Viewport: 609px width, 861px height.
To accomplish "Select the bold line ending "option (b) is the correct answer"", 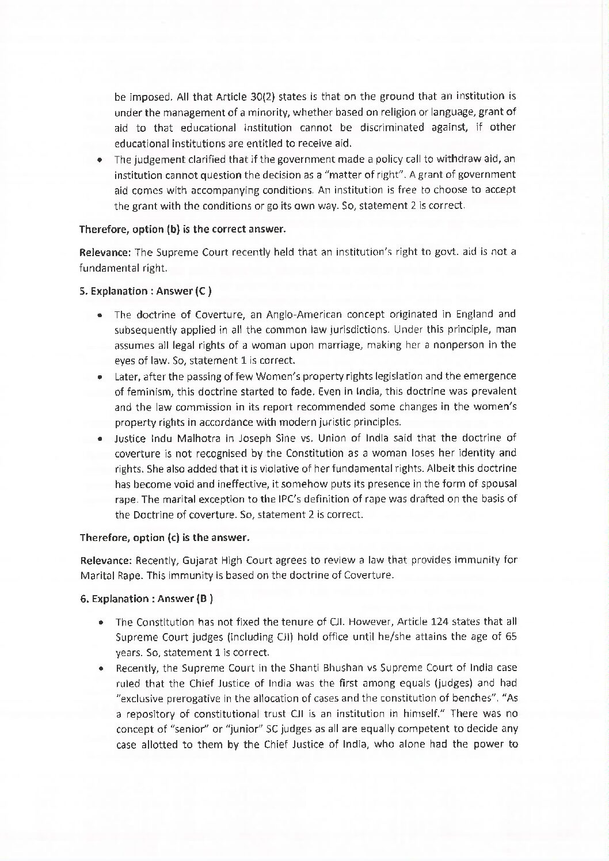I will pos(182,229).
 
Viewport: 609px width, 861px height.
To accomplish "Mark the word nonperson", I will pos(458,345).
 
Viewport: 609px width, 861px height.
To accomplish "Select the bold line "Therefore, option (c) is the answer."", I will pos(164,539).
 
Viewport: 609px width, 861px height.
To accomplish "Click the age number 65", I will pos(510,637).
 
